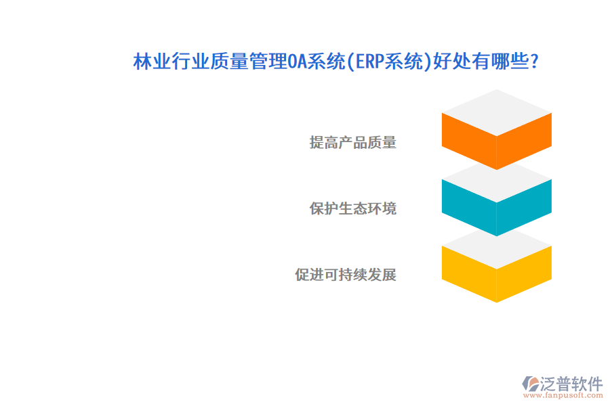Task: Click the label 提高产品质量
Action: (x=352, y=142)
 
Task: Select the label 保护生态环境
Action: (x=352, y=208)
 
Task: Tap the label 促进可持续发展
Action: (x=345, y=275)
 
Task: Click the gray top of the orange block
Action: (x=497, y=112)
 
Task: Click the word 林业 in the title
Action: (x=150, y=62)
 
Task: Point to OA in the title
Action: (x=298, y=62)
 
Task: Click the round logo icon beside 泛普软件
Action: (x=529, y=384)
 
